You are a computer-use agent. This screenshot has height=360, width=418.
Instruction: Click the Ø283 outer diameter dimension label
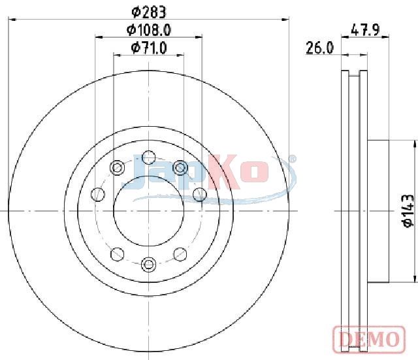(x=150, y=12)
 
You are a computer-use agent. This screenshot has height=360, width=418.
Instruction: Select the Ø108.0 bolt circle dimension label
(x=149, y=30)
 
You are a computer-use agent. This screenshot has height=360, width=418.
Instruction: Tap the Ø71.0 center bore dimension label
(x=149, y=48)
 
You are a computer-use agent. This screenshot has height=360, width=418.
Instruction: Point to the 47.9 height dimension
(x=365, y=29)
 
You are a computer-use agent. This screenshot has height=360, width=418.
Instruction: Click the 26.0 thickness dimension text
(x=319, y=48)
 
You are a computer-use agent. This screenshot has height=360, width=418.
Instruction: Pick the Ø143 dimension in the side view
(x=408, y=211)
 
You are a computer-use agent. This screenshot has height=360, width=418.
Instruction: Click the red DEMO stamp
(x=369, y=339)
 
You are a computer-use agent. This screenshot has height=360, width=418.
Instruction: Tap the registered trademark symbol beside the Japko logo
(x=293, y=159)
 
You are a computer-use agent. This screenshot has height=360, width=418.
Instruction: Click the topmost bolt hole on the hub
(x=148, y=157)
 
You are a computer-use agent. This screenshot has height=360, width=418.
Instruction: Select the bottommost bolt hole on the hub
(x=148, y=264)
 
